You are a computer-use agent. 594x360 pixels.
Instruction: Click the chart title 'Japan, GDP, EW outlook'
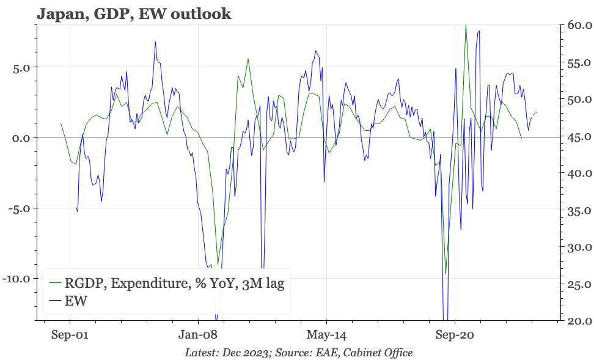click(134, 13)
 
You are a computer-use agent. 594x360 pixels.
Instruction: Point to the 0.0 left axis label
click(22, 138)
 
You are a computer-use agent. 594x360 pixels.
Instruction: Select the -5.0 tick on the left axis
click(20, 208)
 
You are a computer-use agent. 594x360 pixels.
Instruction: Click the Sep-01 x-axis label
click(70, 335)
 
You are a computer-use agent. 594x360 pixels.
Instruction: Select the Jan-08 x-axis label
click(198, 335)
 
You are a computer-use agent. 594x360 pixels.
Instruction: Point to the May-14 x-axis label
click(326, 335)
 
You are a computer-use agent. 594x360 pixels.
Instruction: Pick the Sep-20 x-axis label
click(455, 335)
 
